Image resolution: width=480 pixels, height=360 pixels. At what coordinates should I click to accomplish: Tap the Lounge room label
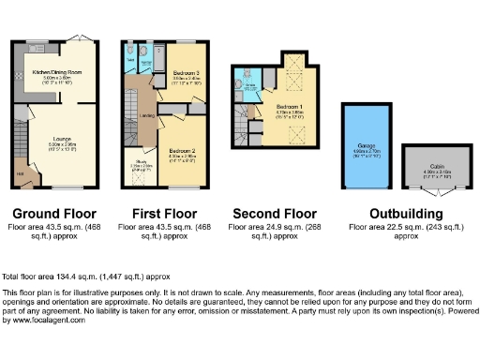point(65,143)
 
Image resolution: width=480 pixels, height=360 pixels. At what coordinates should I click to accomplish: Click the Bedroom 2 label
point(182,151)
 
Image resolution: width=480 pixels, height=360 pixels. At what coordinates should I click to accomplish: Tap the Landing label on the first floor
point(147,116)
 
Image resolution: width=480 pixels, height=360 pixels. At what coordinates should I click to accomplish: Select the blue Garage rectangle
point(367,150)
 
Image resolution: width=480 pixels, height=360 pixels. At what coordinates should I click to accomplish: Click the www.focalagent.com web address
point(48,321)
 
